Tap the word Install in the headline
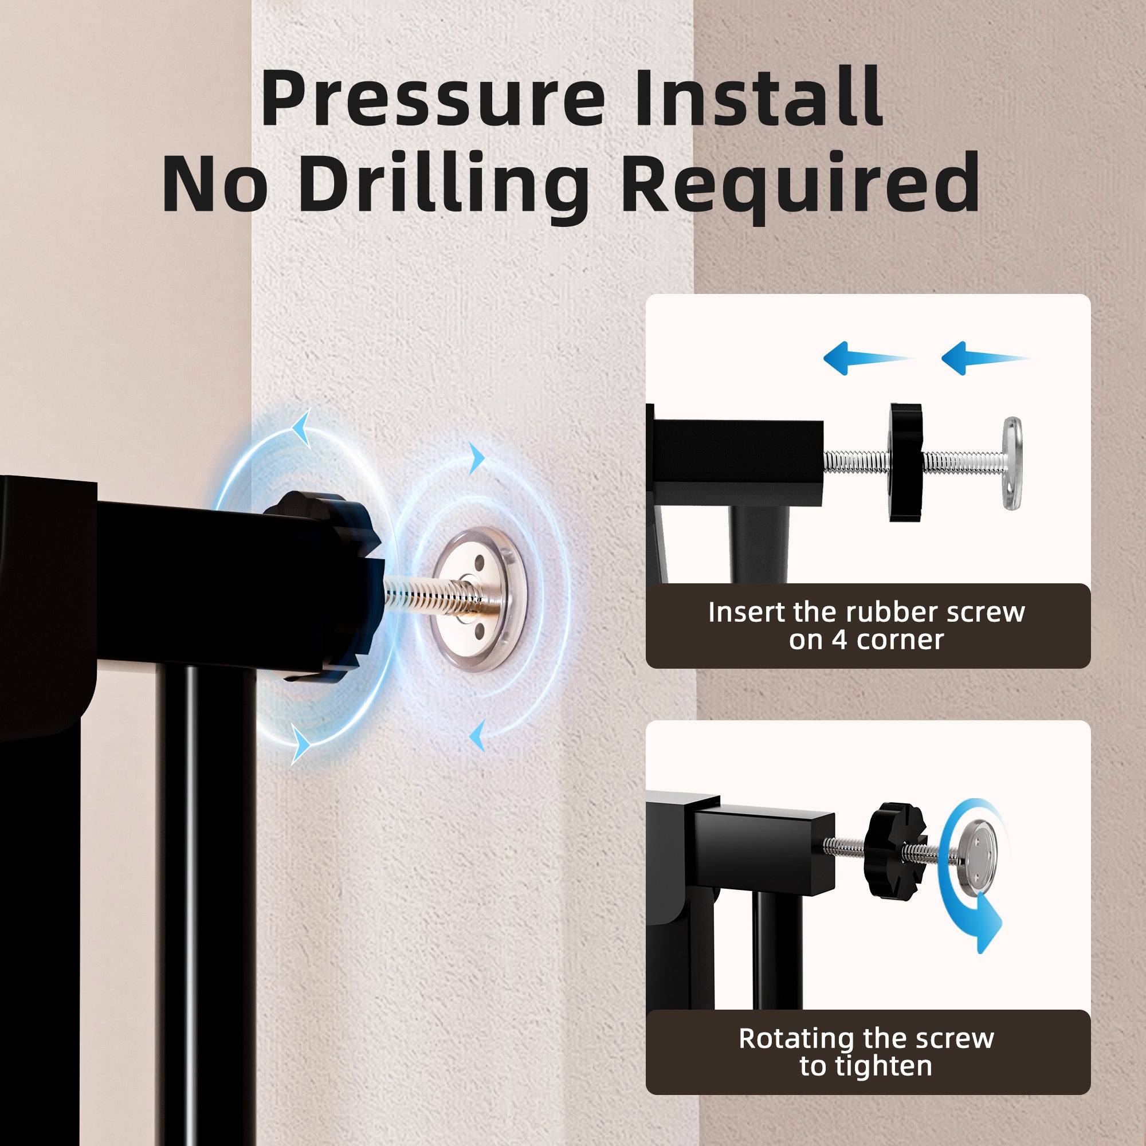tap(759, 97)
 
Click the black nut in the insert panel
tap(906, 462)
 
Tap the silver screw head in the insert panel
tap(1012, 463)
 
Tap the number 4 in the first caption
tap(839, 640)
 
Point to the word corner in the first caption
tap(900, 641)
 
